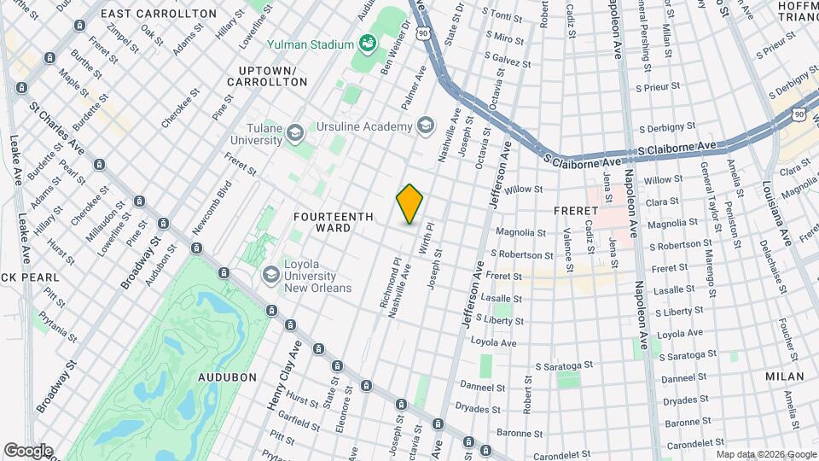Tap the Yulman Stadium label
(310, 44)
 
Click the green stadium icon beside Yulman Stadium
(368, 44)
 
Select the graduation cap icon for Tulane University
(294, 132)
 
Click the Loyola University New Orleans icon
(271, 274)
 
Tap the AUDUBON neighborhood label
(227, 376)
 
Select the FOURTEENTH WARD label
(334, 223)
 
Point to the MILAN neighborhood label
(784, 376)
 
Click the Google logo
(27, 450)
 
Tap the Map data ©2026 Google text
(766, 453)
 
